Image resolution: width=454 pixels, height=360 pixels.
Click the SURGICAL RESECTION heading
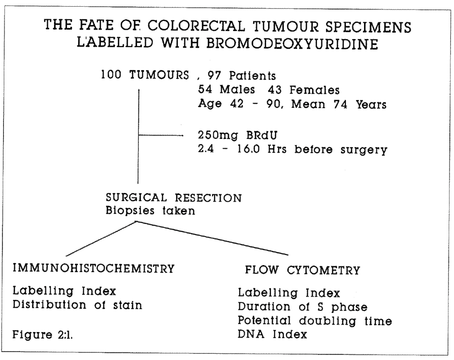(173, 198)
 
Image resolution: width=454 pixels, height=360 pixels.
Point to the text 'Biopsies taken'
(149, 211)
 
